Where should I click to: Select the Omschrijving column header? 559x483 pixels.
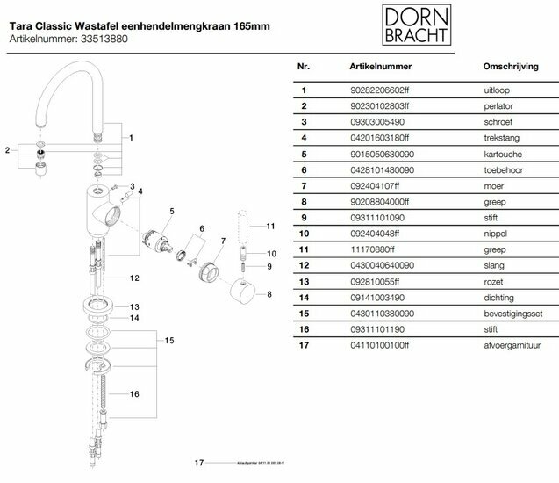pos(505,66)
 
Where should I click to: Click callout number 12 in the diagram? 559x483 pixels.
pos(133,278)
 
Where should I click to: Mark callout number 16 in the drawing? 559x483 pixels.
pos(134,393)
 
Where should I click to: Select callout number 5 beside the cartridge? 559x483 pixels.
pos(172,212)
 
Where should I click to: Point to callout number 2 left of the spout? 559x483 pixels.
pos(8,150)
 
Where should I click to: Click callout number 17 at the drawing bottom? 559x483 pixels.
pos(199,462)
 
